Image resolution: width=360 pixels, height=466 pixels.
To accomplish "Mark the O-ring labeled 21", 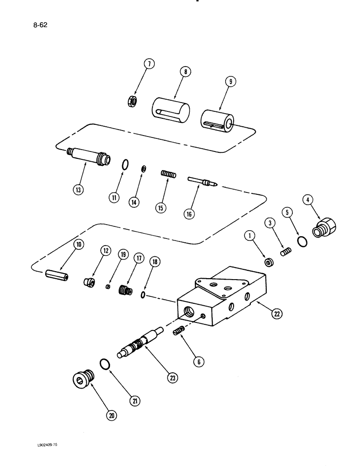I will point(105,364).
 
